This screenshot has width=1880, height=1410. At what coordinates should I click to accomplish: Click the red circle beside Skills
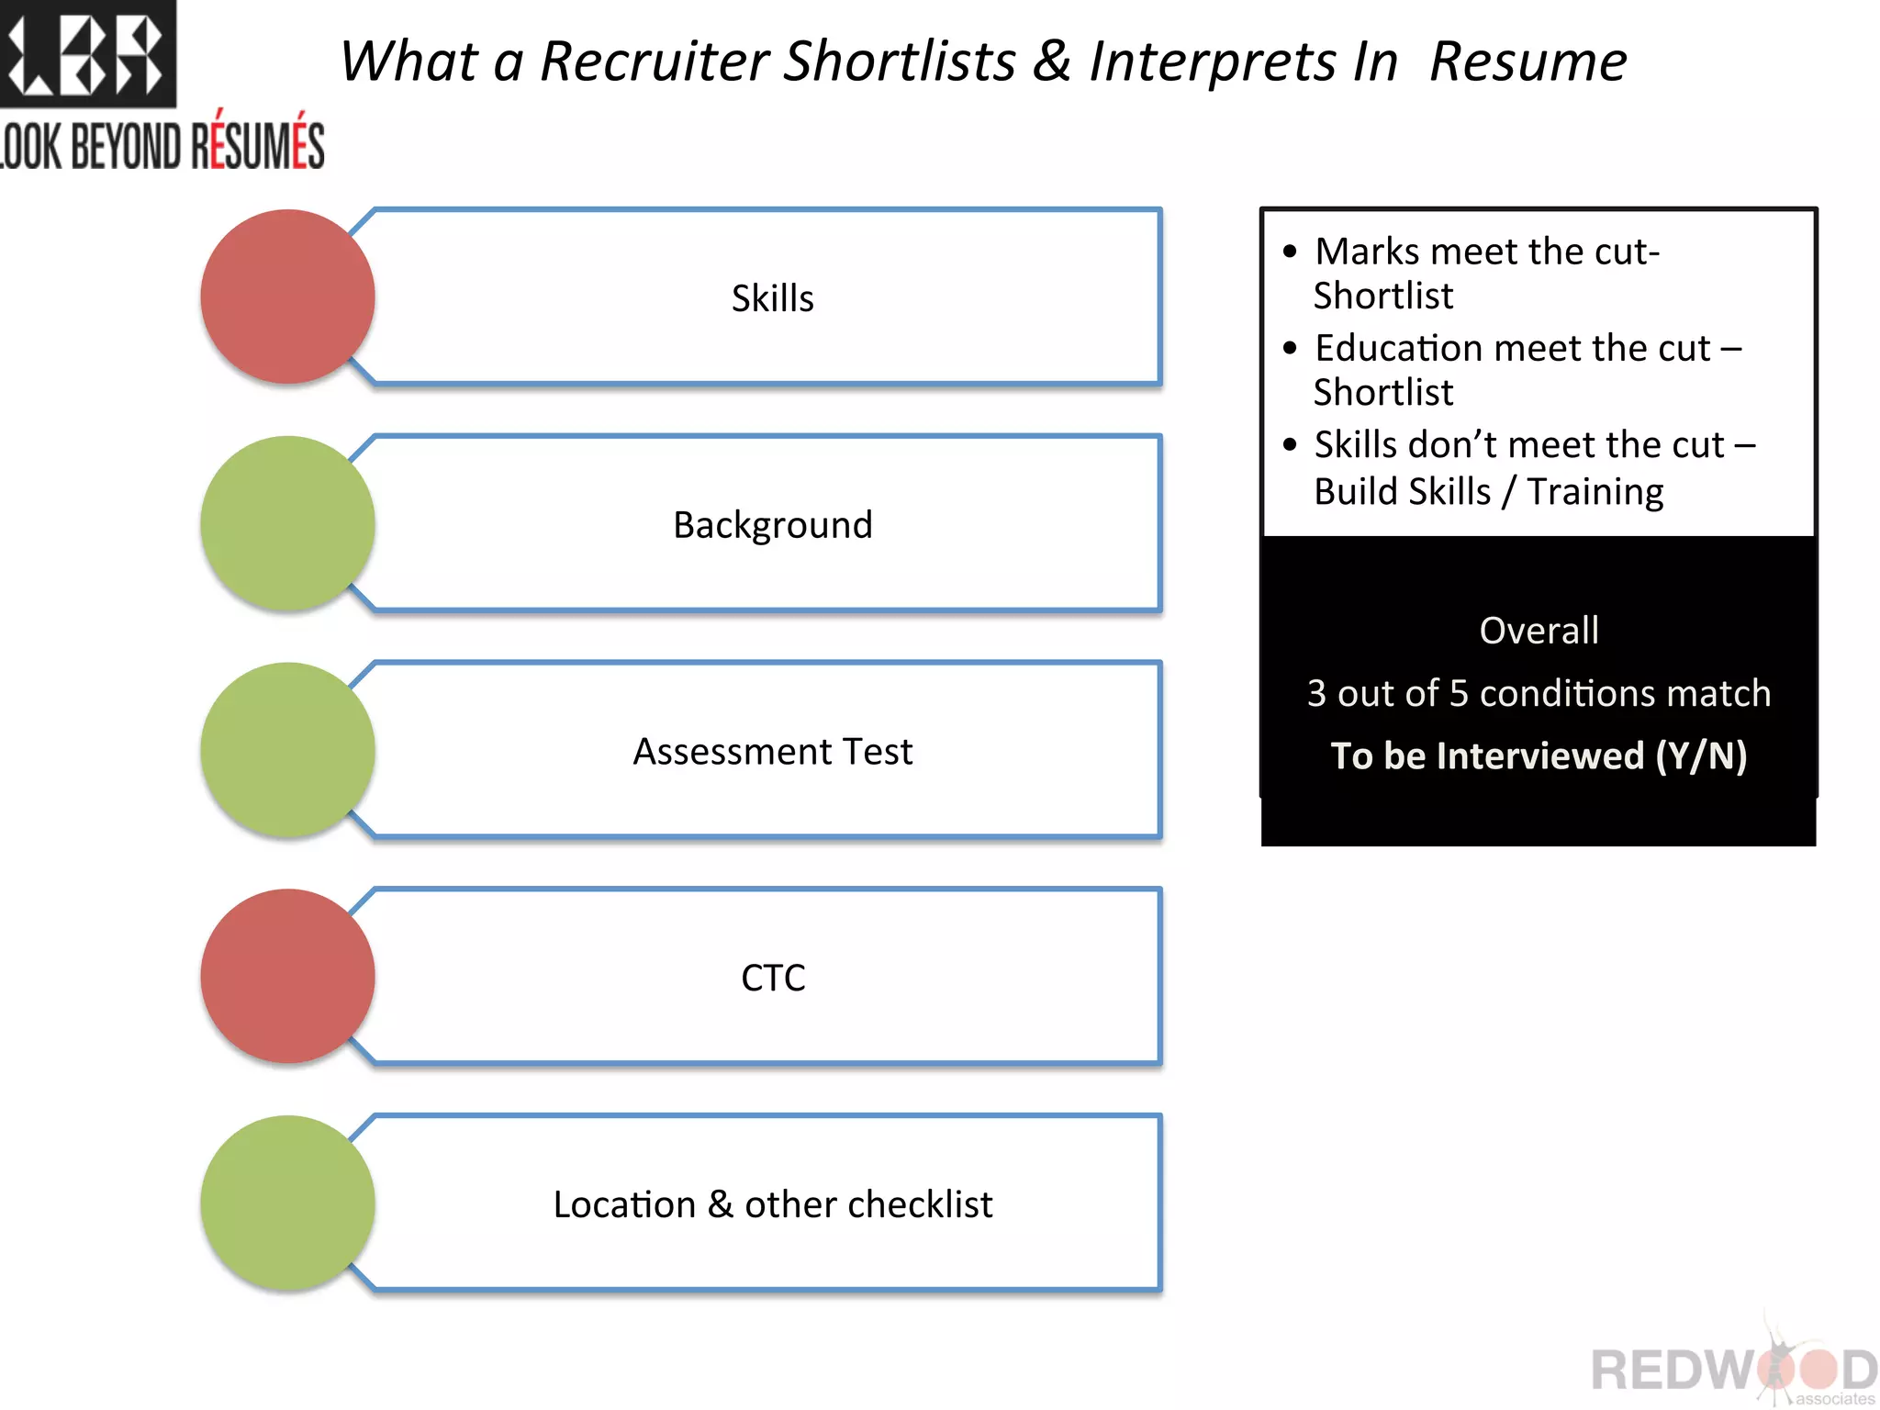click(287, 297)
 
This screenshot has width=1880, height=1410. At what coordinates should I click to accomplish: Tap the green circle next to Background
click(287, 523)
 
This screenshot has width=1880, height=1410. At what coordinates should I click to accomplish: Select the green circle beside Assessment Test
click(287, 750)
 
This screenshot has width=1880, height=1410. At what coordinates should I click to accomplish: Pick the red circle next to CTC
click(287, 976)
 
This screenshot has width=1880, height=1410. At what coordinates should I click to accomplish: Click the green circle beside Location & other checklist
click(287, 1203)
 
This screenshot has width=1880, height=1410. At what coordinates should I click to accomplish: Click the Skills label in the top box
click(772, 298)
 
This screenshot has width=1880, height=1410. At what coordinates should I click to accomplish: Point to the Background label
click(772, 525)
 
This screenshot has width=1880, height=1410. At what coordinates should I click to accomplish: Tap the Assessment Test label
click(772, 752)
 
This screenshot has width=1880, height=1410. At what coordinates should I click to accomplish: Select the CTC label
click(772, 979)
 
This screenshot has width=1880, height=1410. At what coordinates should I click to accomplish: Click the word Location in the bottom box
click(624, 1204)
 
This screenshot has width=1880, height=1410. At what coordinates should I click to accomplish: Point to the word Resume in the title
click(1527, 62)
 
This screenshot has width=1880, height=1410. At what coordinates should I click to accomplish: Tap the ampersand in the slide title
click(1052, 62)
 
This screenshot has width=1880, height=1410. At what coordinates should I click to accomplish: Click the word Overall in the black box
click(1539, 631)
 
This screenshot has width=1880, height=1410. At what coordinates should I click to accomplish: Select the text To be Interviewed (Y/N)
click(1539, 755)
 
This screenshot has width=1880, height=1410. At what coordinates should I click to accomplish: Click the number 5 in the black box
click(1459, 693)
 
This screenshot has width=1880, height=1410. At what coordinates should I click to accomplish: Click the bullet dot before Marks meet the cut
click(1291, 252)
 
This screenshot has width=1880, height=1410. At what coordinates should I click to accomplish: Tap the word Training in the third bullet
click(1595, 492)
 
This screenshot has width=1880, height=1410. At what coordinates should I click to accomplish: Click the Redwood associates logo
click(1733, 1368)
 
